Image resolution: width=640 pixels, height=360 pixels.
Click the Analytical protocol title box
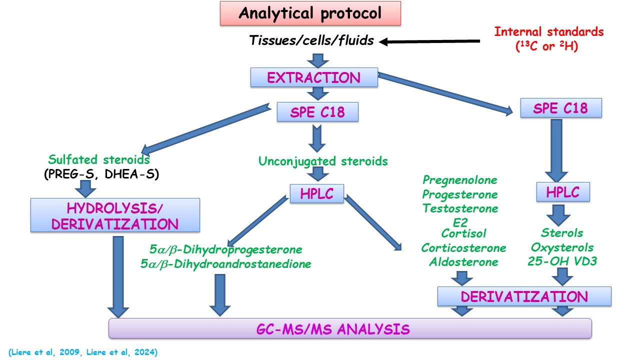(x=310, y=13)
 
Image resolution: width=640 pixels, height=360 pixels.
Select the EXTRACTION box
(x=314, y=78)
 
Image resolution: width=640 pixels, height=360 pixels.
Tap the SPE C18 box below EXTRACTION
(x=317, y=112)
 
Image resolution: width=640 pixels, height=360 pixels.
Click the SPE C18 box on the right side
(x=561, y=108)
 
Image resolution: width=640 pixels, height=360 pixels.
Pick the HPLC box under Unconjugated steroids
(x=317, y=194)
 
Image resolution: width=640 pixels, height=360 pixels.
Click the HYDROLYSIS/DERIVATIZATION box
(x=115, y=215)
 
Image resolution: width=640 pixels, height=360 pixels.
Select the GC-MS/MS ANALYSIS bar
(x=350, y=328)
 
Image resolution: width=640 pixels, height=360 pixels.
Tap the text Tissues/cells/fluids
(x=311, y=40)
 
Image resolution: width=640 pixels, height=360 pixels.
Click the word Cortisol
(x=463, y=233)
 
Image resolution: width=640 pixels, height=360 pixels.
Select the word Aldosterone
(x=463, y=261)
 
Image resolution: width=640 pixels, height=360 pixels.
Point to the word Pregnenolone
(x=460, y=180)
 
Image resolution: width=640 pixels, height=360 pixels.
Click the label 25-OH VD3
(x=562, y=261)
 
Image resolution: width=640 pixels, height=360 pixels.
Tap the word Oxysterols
(x=562, y=247)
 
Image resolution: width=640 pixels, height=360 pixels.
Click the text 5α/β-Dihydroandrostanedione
(x=225, y=263)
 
